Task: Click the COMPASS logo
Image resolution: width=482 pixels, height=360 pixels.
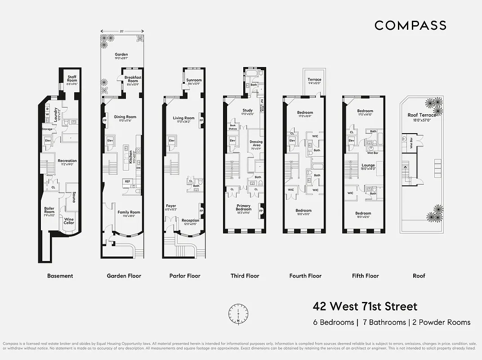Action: (410, 25)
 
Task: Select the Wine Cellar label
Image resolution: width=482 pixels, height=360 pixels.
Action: (69, 221)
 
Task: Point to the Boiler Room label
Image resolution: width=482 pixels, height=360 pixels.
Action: (49, 210)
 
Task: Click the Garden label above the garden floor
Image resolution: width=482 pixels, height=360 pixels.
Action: (121, 55)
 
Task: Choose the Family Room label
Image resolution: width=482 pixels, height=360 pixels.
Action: (129, 212)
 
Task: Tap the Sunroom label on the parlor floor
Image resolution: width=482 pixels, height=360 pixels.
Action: (194, 80)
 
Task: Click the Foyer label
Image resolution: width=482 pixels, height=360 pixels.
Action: (171, 206)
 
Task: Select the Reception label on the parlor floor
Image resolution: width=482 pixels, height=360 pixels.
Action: (191, 220)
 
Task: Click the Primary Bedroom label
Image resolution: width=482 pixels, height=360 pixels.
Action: (244, 207)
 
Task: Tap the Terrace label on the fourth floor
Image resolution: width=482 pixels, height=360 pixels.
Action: (314, 80)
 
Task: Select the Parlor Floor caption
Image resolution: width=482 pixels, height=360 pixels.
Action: (185, 276)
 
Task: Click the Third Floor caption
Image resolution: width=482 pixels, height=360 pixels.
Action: (245, 276)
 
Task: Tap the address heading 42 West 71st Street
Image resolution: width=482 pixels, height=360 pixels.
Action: (365, 307)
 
